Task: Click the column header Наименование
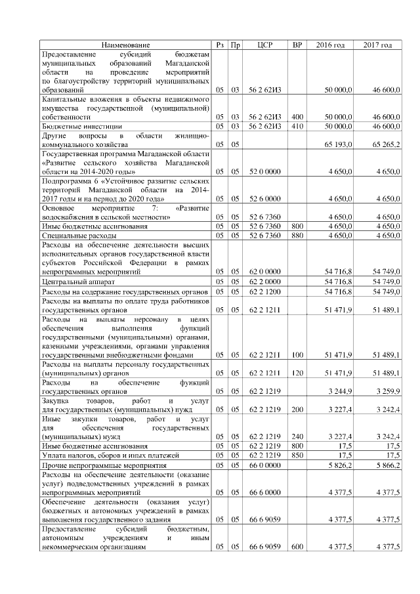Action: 125,45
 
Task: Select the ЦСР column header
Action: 265,45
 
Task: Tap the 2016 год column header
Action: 331,45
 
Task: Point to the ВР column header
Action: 297,45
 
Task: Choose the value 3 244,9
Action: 341,390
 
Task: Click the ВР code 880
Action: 297,234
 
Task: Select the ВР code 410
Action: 297,125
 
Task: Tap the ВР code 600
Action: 297,546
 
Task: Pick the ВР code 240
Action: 297,435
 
